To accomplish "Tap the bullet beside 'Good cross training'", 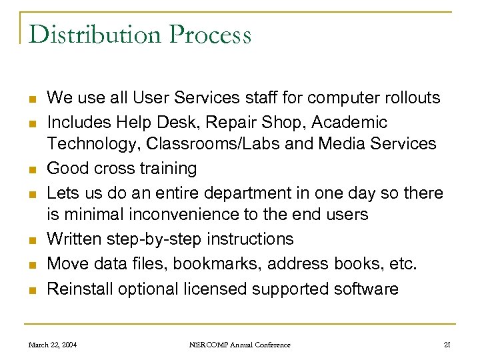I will pyautogui.click(x=31, y=169).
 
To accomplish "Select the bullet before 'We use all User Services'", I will pyautogui.click(x=31, y=99).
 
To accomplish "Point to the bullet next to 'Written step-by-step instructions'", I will pyautogui.click(x=31, y=240).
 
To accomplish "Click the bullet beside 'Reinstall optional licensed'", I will pyautogui.click(x=31, y=289).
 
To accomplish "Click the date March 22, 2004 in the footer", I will pyautogui.click(x=53, y=345).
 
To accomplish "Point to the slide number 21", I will pyautogui.click(x=447, y=345).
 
